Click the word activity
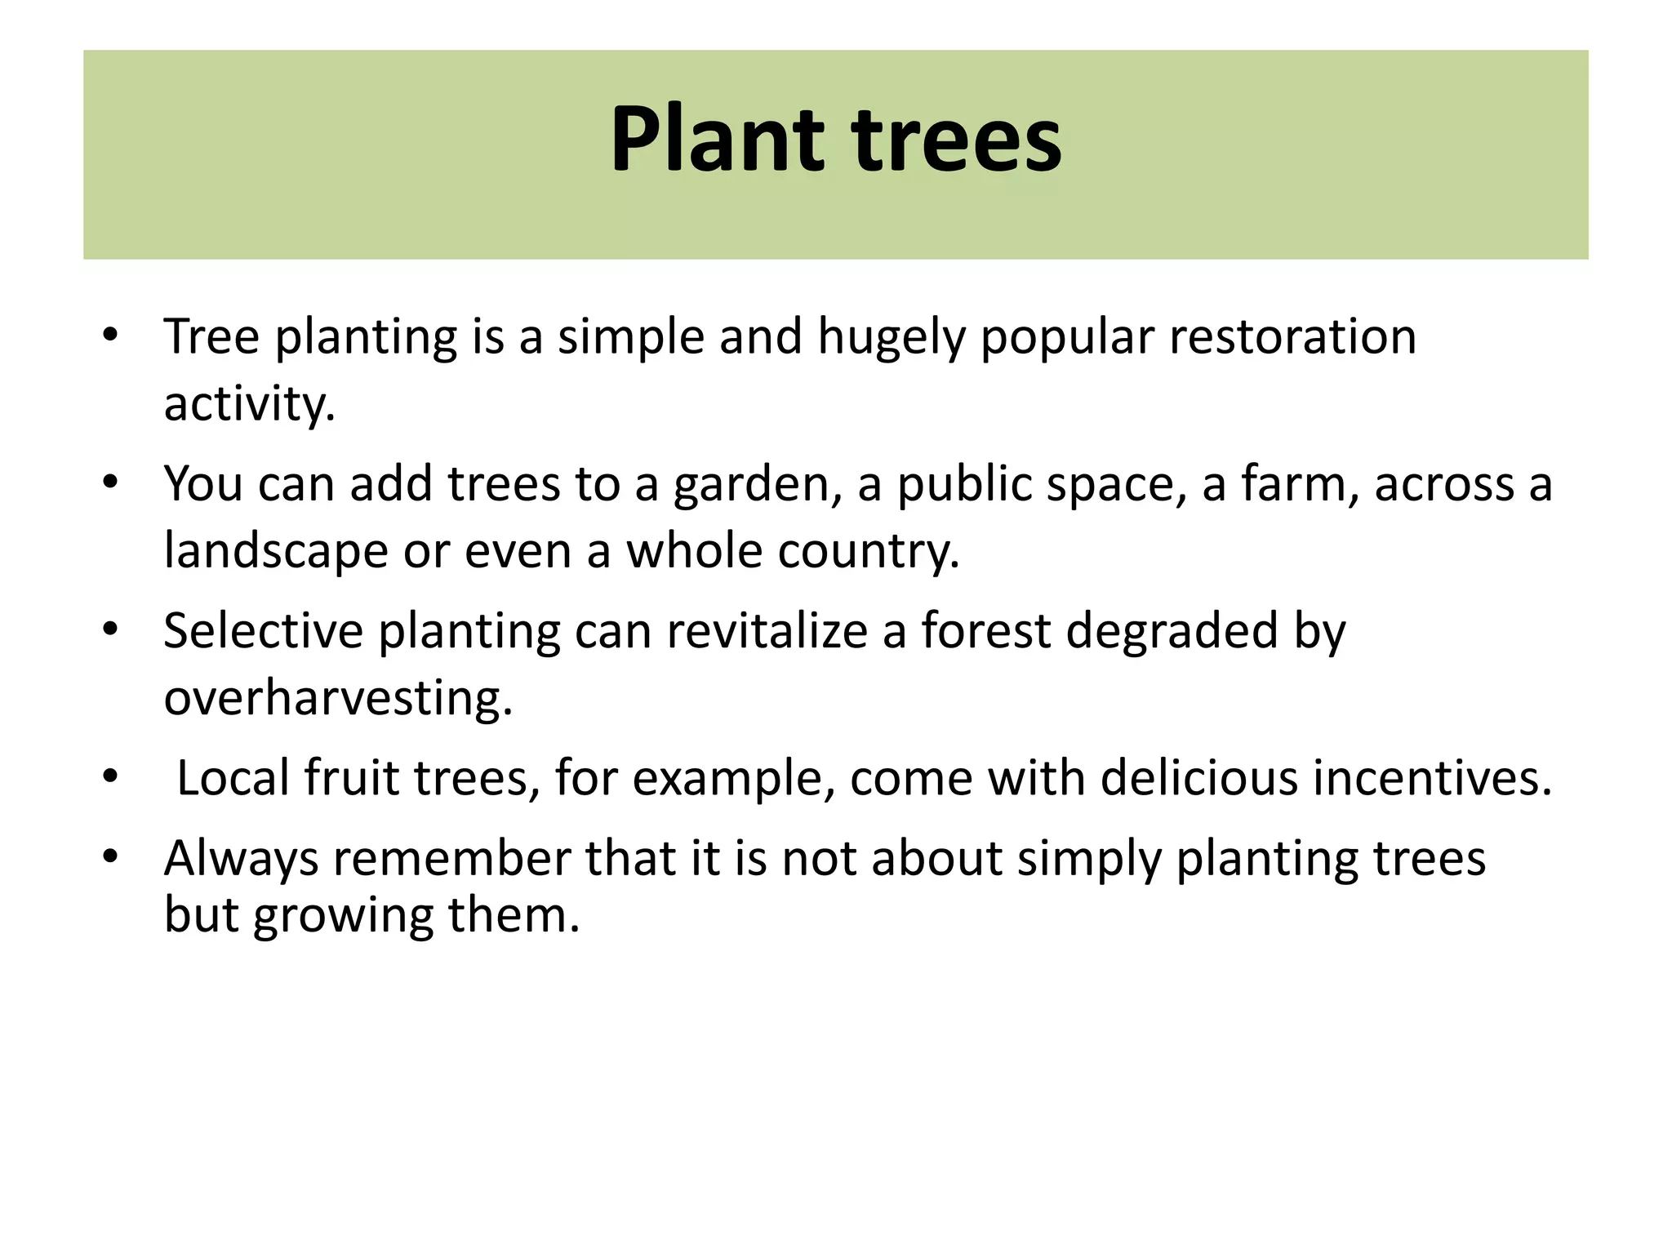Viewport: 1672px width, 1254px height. [x=249, y=405]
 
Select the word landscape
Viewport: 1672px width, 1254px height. [x=276, y=552]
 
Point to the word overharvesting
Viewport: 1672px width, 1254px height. [x=338, y=699]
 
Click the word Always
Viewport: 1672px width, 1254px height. [x=241, y=860]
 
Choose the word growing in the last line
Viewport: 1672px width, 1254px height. [x=343, y=916]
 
